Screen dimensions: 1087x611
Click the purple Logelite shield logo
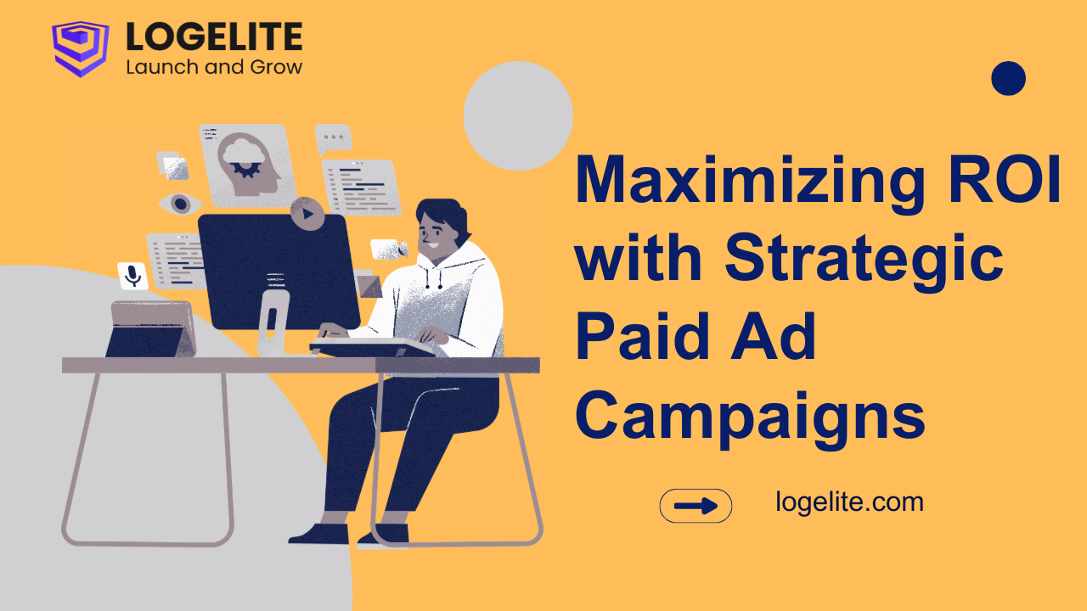point(80,48)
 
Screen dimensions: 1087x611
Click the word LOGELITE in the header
point(214,36)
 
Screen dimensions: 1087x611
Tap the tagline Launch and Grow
point(214,67)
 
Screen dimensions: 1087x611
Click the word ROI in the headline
point(1005,178)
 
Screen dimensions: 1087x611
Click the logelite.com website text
point(849,502)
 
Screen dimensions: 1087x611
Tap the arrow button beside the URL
point(696,506)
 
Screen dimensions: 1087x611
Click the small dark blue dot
point(1008,78)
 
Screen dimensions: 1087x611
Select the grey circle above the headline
point(518,116)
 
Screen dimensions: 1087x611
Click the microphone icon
point(132,276)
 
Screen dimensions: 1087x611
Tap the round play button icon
point(307,213)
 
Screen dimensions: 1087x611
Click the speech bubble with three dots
point(333,138)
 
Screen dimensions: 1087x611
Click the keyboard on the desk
point(372,346)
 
